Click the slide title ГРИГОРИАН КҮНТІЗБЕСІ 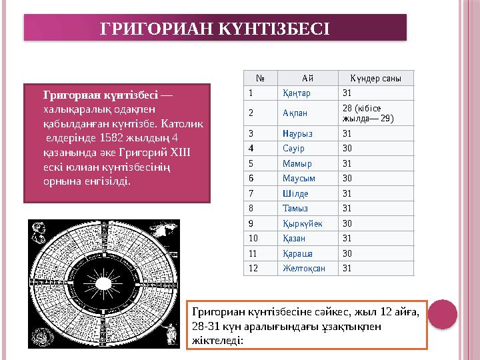[215, 28]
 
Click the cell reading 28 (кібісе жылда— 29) [367, 113]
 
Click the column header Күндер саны [371, 78]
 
